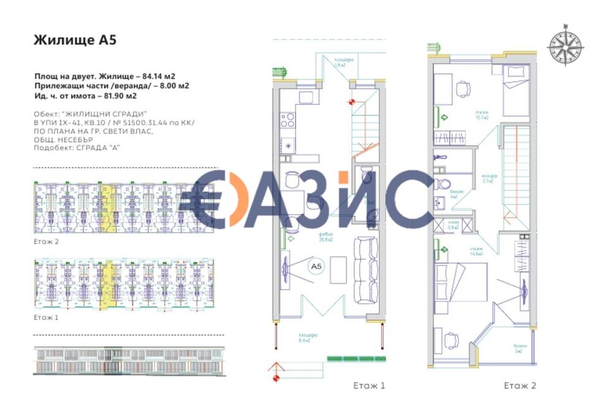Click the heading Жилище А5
(x=75, y=40)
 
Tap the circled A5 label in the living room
(x=316, y=267)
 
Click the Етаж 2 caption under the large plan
(x=520, y=386)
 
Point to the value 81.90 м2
(x=115, y=96)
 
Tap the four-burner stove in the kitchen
(x=287, y=119)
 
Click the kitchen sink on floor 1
(x=287, y=145)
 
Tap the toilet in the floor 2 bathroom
(x=446, y=183)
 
